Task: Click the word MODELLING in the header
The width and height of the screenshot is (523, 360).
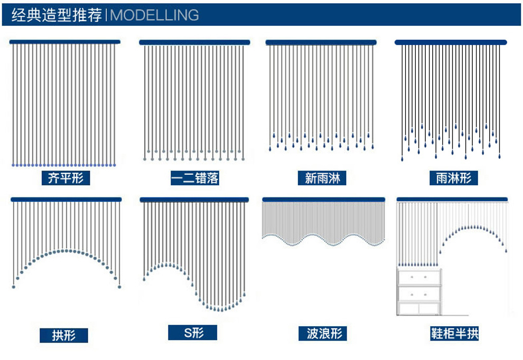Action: (x=154, y=15)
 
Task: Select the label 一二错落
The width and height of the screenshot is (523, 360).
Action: (x=195, y=178)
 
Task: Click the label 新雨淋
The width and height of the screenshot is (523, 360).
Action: (x=322, y=178)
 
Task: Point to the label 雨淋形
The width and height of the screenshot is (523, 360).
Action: (x=454, y=178)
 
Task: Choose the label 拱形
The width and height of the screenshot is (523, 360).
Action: (x=64, y=335)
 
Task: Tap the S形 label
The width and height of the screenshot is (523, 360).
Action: (x=193, y=333)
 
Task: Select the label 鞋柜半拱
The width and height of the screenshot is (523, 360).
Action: (x=454, y=334)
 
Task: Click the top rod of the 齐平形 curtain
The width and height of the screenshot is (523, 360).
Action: (x=65, y=42)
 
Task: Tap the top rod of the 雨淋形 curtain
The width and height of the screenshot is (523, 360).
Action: (x=451, y=42)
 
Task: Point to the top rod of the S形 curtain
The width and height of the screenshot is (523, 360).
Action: (x=194, y=200)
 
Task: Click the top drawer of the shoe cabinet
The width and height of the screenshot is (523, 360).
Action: (x=419, y=277)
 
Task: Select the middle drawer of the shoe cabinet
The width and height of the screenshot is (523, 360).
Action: (x=419, y=293)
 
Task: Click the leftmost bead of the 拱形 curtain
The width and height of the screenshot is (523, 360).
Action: (x=14, y=287)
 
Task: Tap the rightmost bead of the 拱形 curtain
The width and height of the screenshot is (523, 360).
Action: (x=119, y=287)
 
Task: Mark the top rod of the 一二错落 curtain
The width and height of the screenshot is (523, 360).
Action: (x=194, y=42)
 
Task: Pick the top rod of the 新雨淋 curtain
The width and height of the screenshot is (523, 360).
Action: (x=321, y=42)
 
